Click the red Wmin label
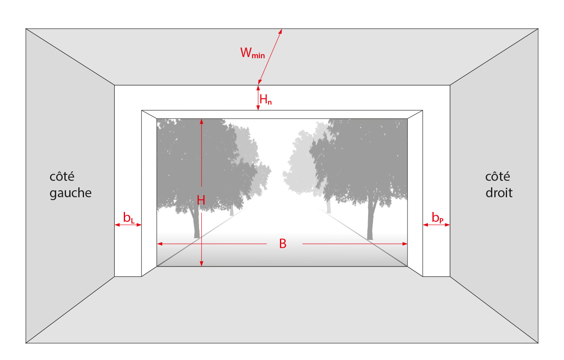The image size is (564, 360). point(252,53)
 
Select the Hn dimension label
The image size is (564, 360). point(266,99)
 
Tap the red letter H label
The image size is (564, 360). point(201,200)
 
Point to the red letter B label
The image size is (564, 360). point(283,244)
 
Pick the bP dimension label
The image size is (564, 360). point(437,218)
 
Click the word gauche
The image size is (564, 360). point(70,194)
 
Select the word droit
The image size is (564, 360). point(499,193)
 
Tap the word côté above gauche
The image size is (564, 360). point(62,176)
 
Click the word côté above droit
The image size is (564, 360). point(498,176)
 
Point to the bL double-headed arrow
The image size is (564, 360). point(128,225)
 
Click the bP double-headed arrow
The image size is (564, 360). point(437,225)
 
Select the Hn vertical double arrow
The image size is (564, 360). point(258,98)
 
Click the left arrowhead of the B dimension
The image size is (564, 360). point(159,244)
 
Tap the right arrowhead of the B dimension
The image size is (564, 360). point(405,244)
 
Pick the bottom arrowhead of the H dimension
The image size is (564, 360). point(201,264)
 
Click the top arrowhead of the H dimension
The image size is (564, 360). point(201,121)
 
